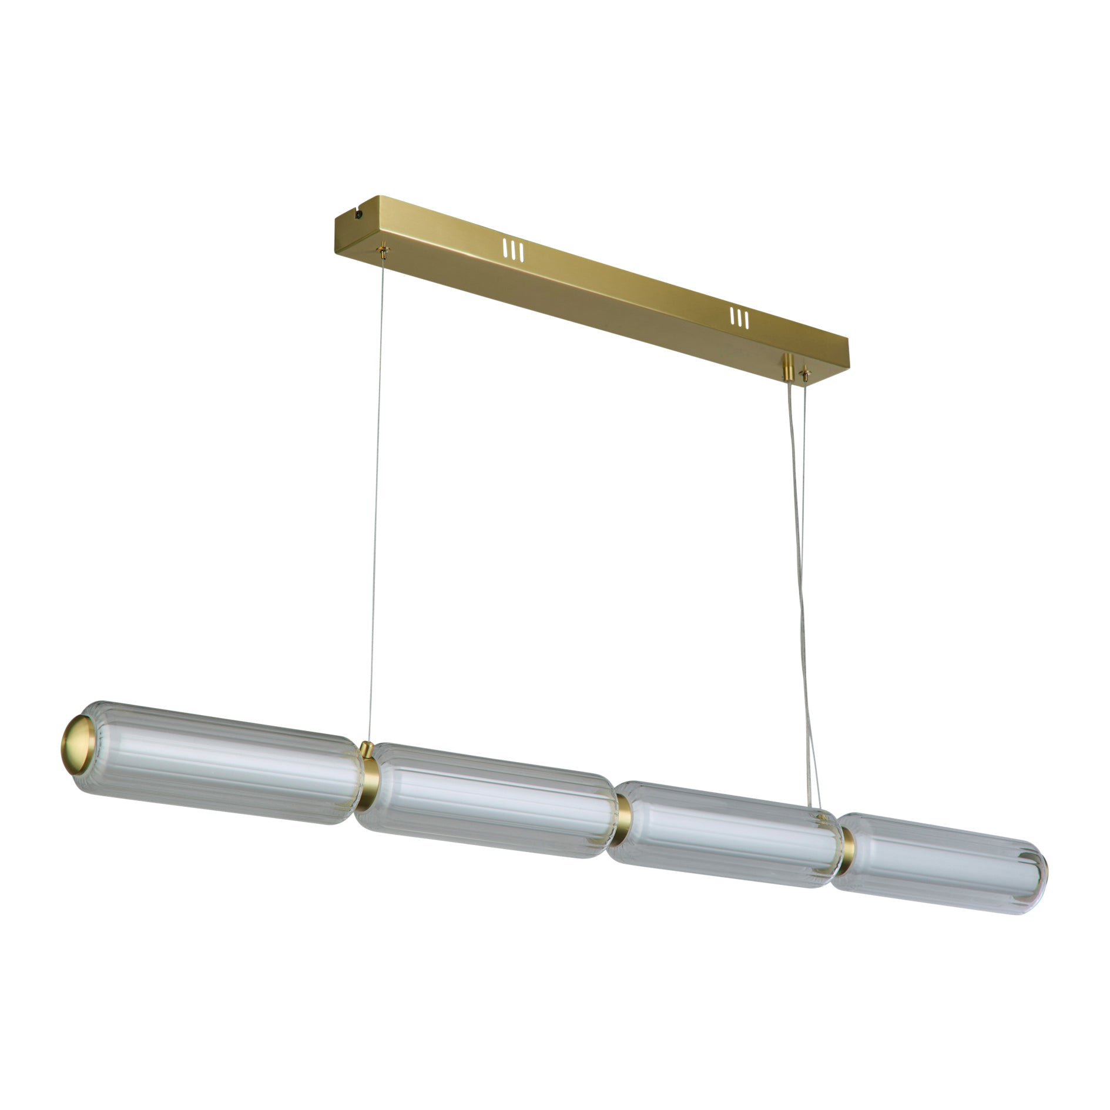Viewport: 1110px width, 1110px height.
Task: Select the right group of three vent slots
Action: [x=739, y=318]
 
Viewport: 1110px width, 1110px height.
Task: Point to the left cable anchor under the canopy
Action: [x=384, y=251]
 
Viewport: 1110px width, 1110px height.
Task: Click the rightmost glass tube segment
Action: [x=940, y=864]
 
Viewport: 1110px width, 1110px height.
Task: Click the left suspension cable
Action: [x=377, y=499]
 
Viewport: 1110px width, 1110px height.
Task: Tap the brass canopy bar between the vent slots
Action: [x=623, y=282]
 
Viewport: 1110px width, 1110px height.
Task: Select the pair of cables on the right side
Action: [x=803, y=588]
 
